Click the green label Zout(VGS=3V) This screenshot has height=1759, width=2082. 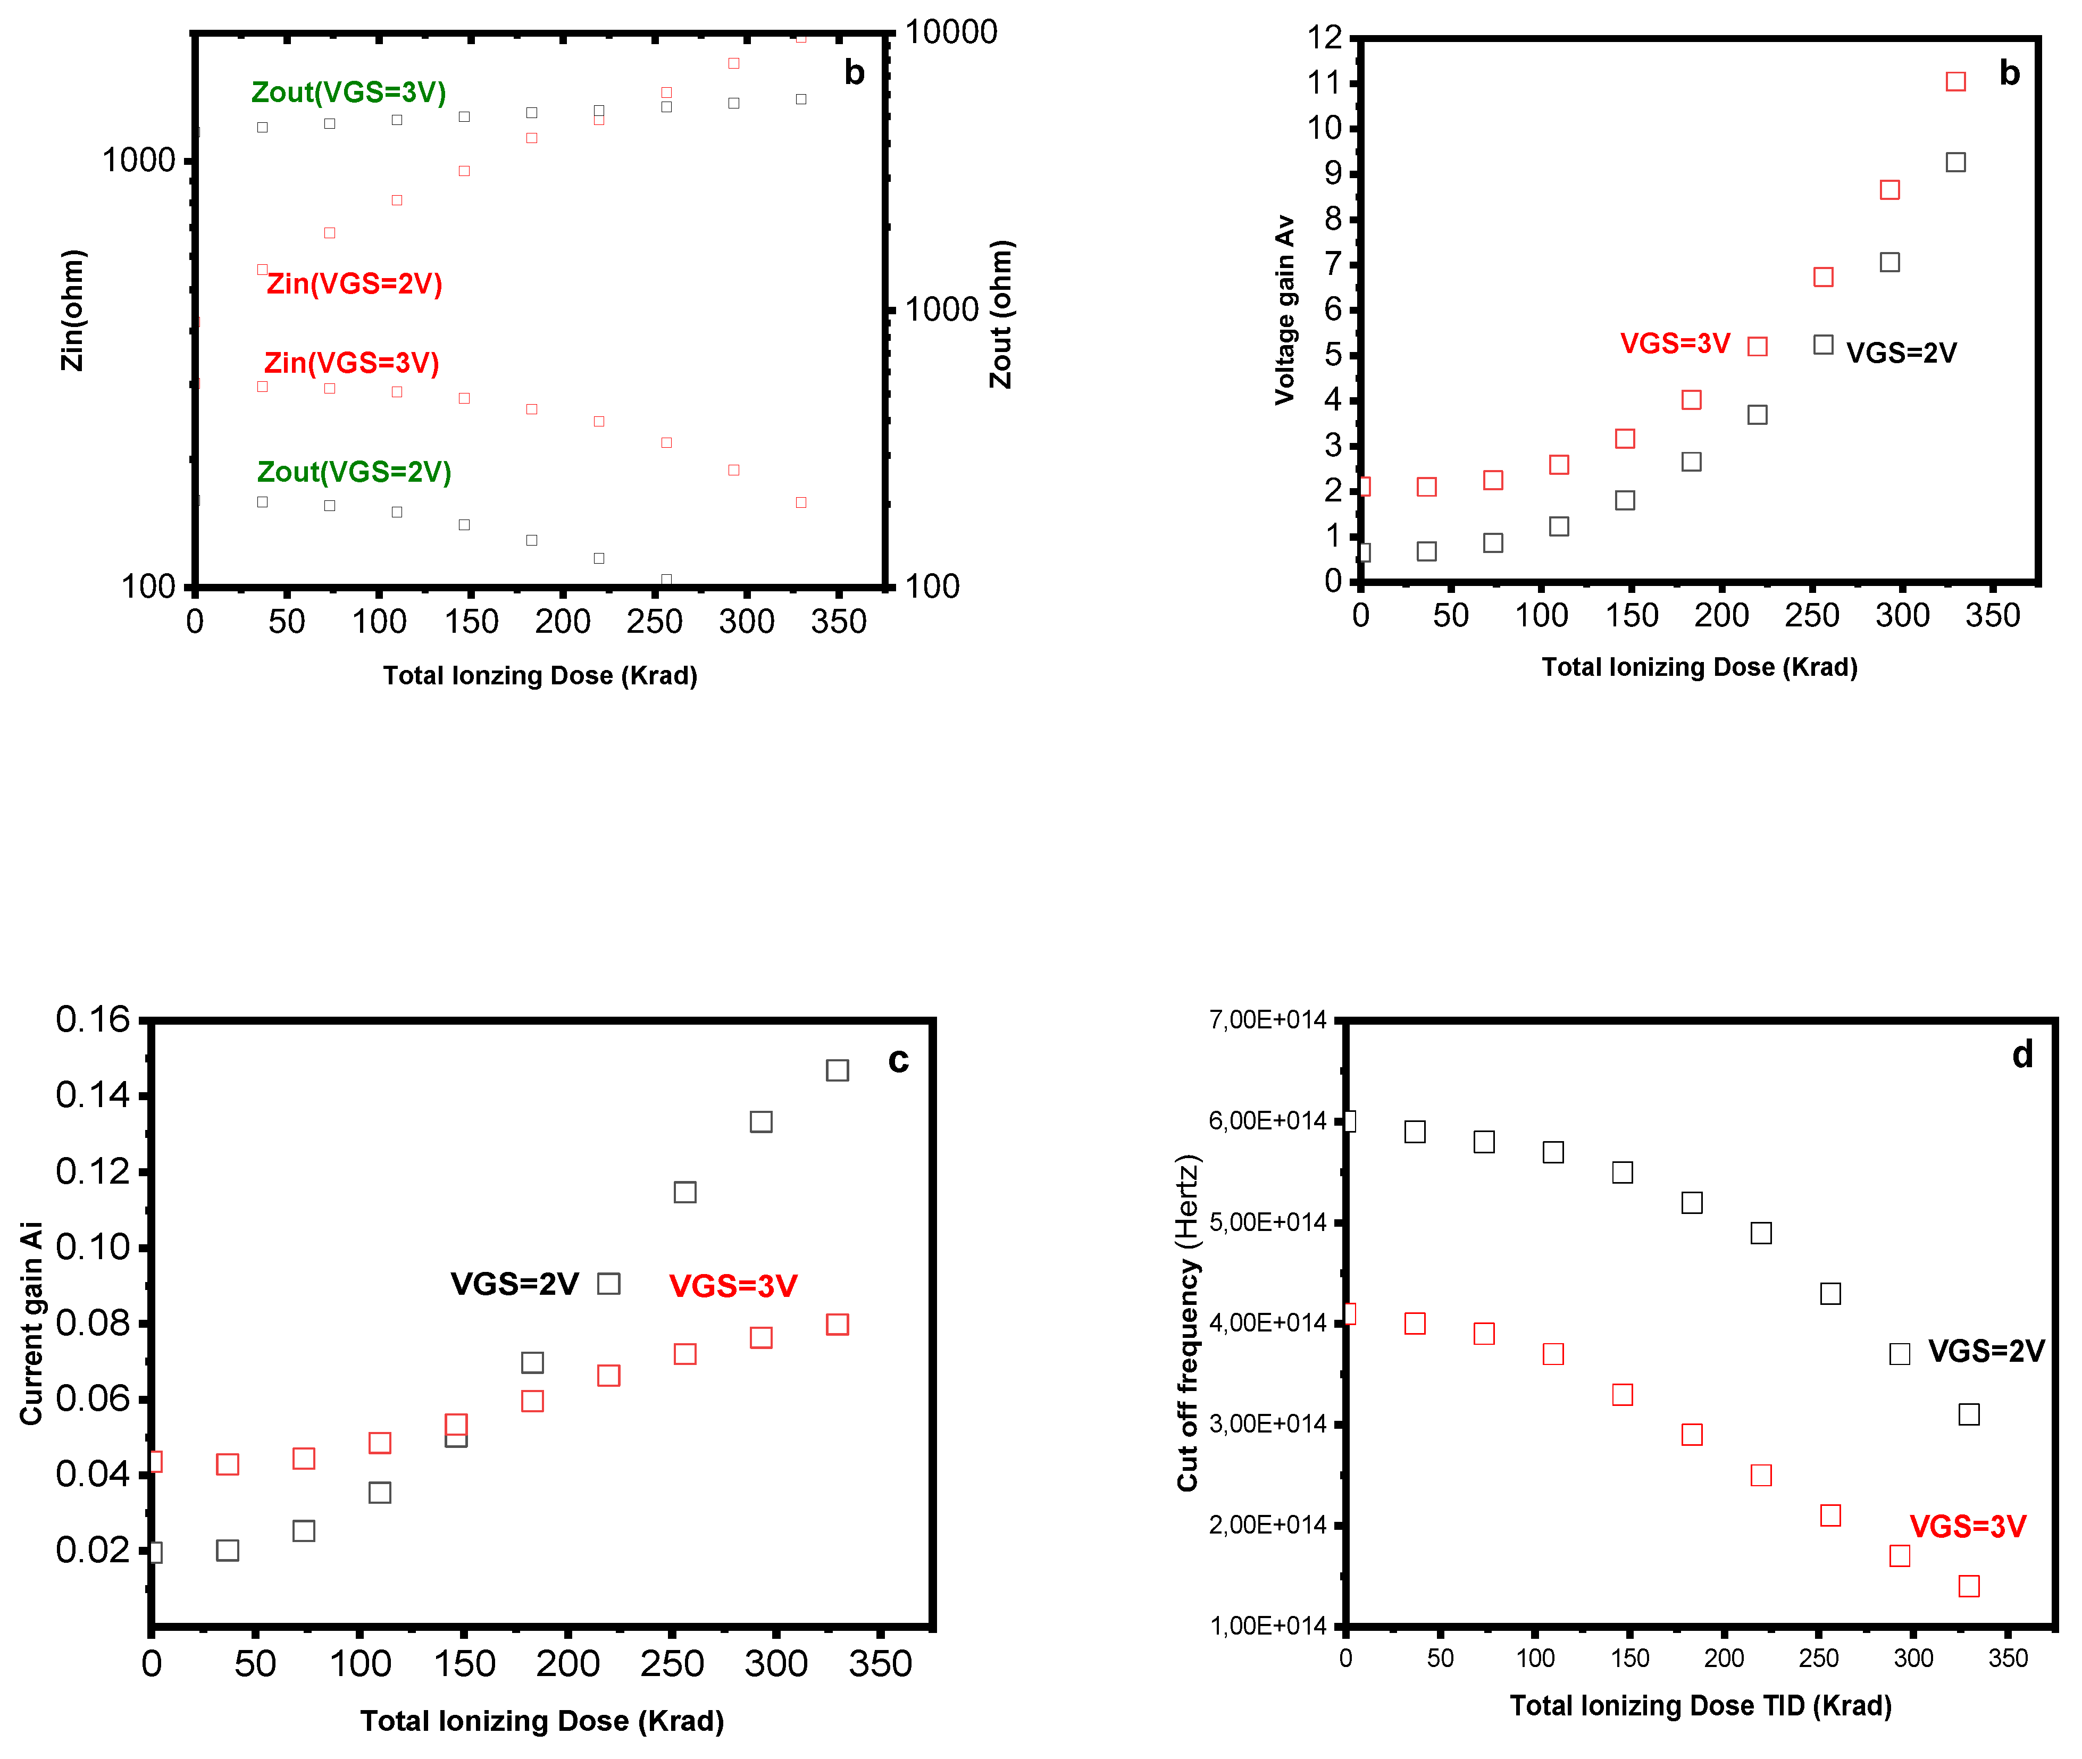[x=348, y=93]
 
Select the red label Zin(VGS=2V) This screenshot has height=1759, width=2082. [x=354, y=284]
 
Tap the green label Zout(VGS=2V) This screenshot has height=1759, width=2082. [x=354, y=472]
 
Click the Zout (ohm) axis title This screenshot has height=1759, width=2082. [x=1001, y=314]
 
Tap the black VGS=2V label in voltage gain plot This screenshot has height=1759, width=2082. [x=1901, y=353]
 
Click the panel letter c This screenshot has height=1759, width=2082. [x=898, y=1060]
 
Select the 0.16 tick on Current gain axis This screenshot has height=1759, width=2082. [x=93, y=1019]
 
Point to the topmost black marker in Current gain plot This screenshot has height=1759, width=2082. [x=837, y=1070]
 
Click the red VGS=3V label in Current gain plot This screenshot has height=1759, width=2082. [x=733, y=1286]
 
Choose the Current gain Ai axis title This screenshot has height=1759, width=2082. [x=32, y=1324]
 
